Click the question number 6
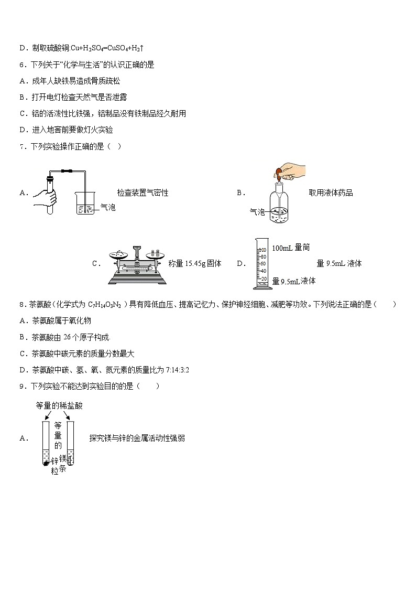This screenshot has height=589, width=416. (21, 65)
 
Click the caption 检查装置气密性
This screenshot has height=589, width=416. (143, 193)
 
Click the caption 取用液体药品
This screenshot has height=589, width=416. (331, 193)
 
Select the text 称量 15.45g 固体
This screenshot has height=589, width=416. (195, 264)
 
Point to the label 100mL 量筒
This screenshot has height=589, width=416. (291, 248)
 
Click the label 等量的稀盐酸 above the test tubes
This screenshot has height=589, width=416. (59, 405)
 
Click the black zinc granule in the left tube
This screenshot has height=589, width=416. (46, 464)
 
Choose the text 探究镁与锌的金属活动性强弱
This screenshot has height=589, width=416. (137, 438)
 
